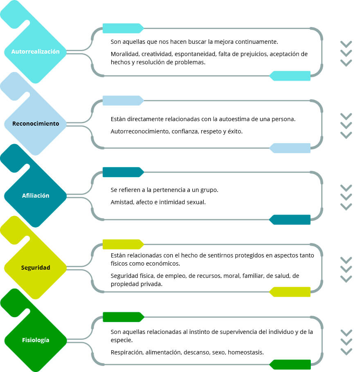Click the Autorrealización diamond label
35,52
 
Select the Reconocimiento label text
36,124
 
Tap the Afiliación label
36,196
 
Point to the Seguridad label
36,268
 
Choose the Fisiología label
36,340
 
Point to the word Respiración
127,352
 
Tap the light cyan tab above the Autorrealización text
123,28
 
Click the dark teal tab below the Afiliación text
290,220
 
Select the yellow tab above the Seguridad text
123,244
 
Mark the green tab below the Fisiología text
290,365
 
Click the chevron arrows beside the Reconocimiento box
346,126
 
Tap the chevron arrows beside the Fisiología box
346,342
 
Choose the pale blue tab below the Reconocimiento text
290,148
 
